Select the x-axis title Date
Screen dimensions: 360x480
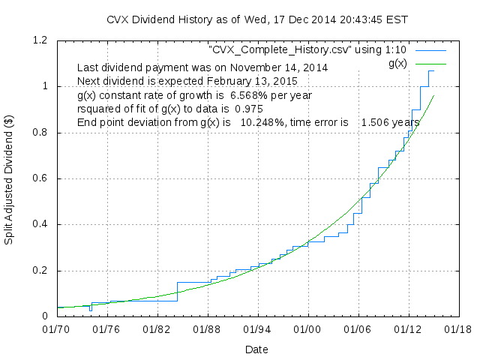256,349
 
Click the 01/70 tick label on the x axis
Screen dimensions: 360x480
55,328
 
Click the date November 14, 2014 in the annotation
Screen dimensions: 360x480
280,67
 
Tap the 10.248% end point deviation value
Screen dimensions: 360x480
262,122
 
